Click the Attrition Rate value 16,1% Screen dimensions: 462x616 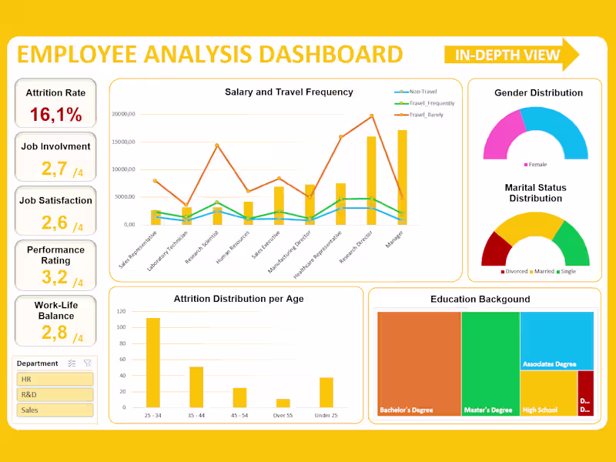click(x=55, y=115)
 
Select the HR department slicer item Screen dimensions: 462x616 click(x=55, y=379)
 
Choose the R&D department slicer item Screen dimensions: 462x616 click(x=55, y=394)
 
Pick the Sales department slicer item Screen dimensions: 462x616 click(x=55, y=410)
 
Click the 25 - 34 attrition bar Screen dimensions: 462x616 click(x=153, y=362)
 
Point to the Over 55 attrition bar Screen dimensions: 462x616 click(x=283, y=403)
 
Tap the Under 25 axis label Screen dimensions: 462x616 click(x=326, y=416)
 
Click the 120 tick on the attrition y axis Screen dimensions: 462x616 click(x=121, y=311)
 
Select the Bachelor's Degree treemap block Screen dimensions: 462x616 click(x=419, y=362)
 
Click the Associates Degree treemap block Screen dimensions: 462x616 click(x=556, y=340)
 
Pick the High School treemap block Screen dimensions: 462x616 click(x=547, y=393)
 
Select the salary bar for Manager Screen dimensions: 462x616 click(x=402, y=177)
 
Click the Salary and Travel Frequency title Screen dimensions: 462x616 click(x=289, y=92)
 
